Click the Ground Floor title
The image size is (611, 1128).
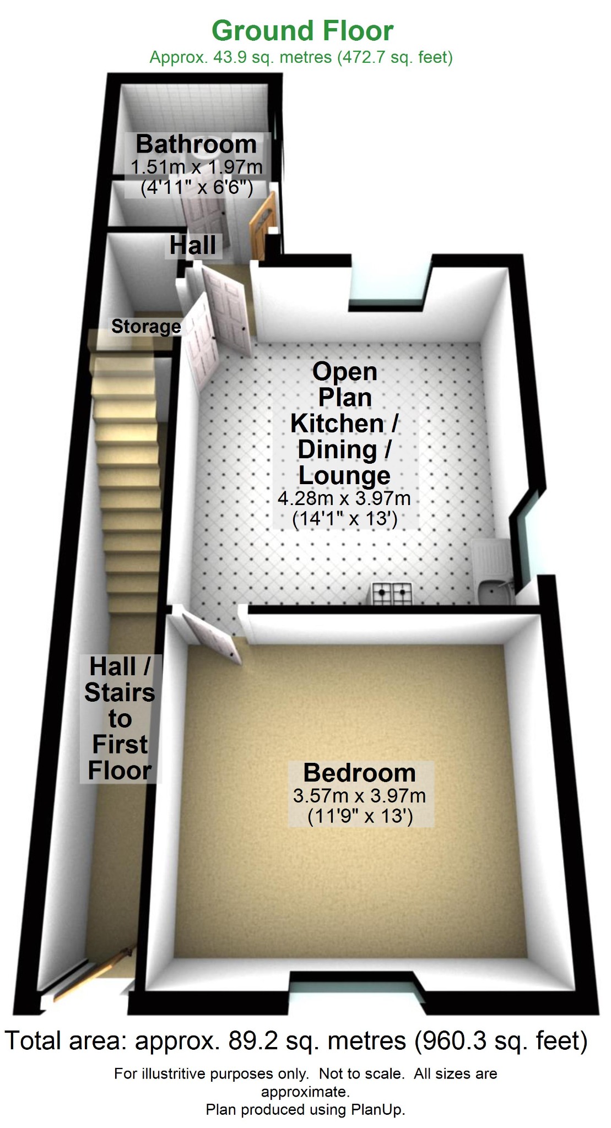pos(302,31)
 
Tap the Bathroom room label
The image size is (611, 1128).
pos(196,144)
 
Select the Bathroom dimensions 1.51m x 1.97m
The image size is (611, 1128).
pos(196,166)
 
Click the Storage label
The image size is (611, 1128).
pos(146,326)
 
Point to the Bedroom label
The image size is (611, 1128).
pos(359,773)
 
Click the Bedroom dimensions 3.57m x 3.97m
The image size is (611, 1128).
pos(359,795)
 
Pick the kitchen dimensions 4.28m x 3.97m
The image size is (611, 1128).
pos(344,498)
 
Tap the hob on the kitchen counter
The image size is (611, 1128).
pos(393,593)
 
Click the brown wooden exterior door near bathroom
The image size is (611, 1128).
pos(262,223)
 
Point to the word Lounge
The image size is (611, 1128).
pos(344,475)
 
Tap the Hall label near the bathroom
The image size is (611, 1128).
pos(193,245)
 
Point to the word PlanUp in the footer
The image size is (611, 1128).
pos(377,1109)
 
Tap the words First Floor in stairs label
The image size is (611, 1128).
pos(120,757)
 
